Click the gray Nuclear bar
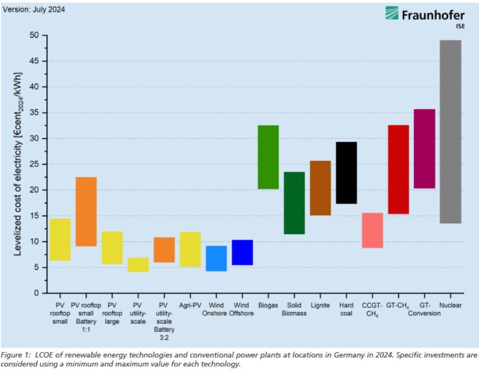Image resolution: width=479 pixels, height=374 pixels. [450, 132]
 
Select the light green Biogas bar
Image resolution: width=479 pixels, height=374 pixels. [269, 157]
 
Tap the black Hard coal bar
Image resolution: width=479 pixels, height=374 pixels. [347, 173]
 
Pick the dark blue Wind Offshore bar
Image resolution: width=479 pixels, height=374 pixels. [242, 252]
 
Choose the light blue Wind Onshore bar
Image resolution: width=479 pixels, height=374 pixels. [216, 259]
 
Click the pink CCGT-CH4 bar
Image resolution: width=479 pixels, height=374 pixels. [372, 230]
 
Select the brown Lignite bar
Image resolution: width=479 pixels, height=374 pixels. [320, 188]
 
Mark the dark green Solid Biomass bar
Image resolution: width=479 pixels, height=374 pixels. [294, 203]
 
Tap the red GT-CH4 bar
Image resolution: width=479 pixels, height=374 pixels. [399, 169]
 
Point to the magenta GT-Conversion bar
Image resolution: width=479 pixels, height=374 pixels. [424, 149]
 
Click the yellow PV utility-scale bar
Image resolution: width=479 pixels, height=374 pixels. [138, 265]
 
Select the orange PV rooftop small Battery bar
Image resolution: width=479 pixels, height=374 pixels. [86, 212]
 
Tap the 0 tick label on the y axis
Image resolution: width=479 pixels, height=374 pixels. [37, 293]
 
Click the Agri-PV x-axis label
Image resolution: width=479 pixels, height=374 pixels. [190, 305]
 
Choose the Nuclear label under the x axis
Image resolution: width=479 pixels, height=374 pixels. [450, 305]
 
